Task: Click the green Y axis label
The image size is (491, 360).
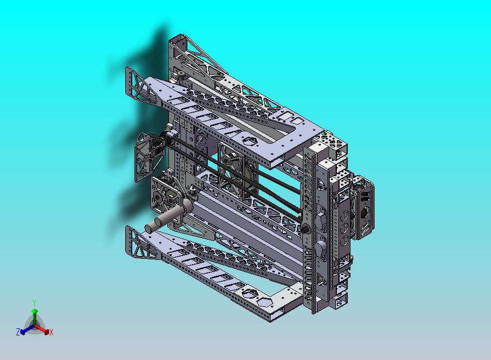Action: tap(34, 303)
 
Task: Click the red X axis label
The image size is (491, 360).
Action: tap(51, 332)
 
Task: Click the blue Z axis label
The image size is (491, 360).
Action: tap(18, 332)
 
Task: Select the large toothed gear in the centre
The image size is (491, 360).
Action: tap(251, 171)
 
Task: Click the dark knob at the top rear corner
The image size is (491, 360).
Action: tap(181, 75)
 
